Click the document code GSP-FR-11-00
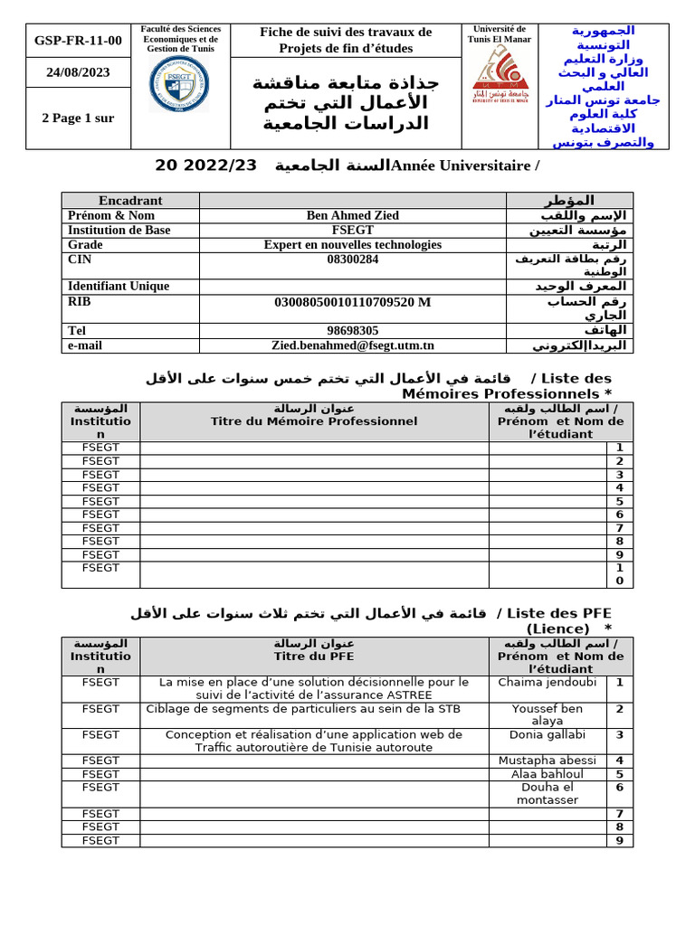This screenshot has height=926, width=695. tap(78, 41)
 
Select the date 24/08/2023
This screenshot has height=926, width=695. tap(78, 73)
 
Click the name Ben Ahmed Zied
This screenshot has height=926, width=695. tap(353, 215)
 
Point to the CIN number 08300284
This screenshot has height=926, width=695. tap(353, 259)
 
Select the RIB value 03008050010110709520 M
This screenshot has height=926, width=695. tap(353, 301)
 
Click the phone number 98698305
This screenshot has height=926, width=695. tap(353, 331)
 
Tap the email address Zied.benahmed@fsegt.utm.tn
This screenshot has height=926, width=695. tap(353, 345)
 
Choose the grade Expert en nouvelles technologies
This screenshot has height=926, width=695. tap(353, 244)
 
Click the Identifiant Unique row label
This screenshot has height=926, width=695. tap(119, 286)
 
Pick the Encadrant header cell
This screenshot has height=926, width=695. tap(130, 201)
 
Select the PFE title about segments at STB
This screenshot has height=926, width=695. tap(314, 709)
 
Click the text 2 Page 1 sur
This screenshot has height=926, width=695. tap(78, 118)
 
